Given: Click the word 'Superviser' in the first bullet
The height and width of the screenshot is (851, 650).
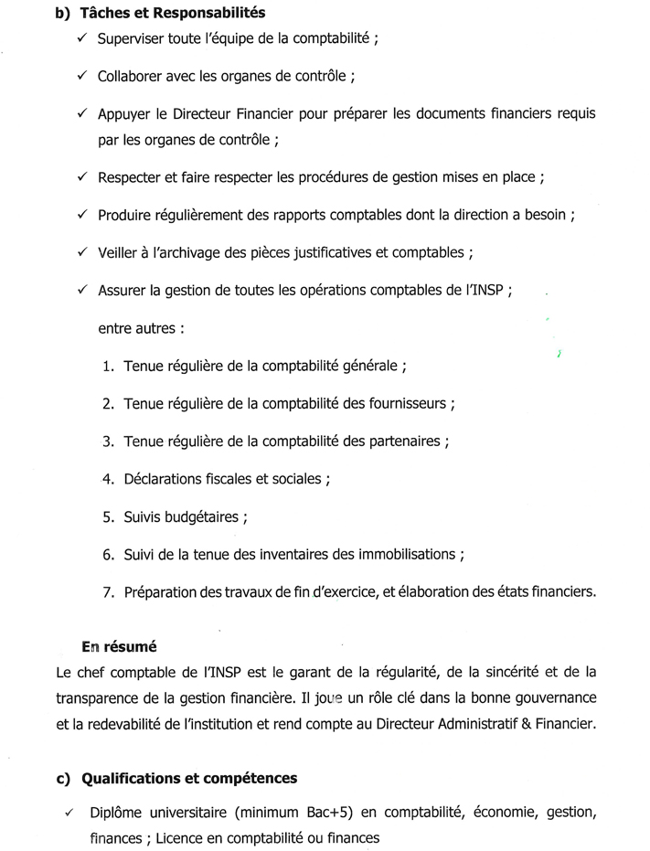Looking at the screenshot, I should click(131, 40).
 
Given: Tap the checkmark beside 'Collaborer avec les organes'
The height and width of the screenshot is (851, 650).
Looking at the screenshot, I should click(82, 76).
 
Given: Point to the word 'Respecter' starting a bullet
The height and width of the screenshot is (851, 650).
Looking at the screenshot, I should click(129, 177).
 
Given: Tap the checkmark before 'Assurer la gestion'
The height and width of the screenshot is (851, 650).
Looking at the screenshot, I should click(82, 290).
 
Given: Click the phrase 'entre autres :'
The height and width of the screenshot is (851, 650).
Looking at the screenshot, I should click(136, 327).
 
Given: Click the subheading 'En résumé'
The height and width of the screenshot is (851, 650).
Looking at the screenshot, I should click(118, 647).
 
